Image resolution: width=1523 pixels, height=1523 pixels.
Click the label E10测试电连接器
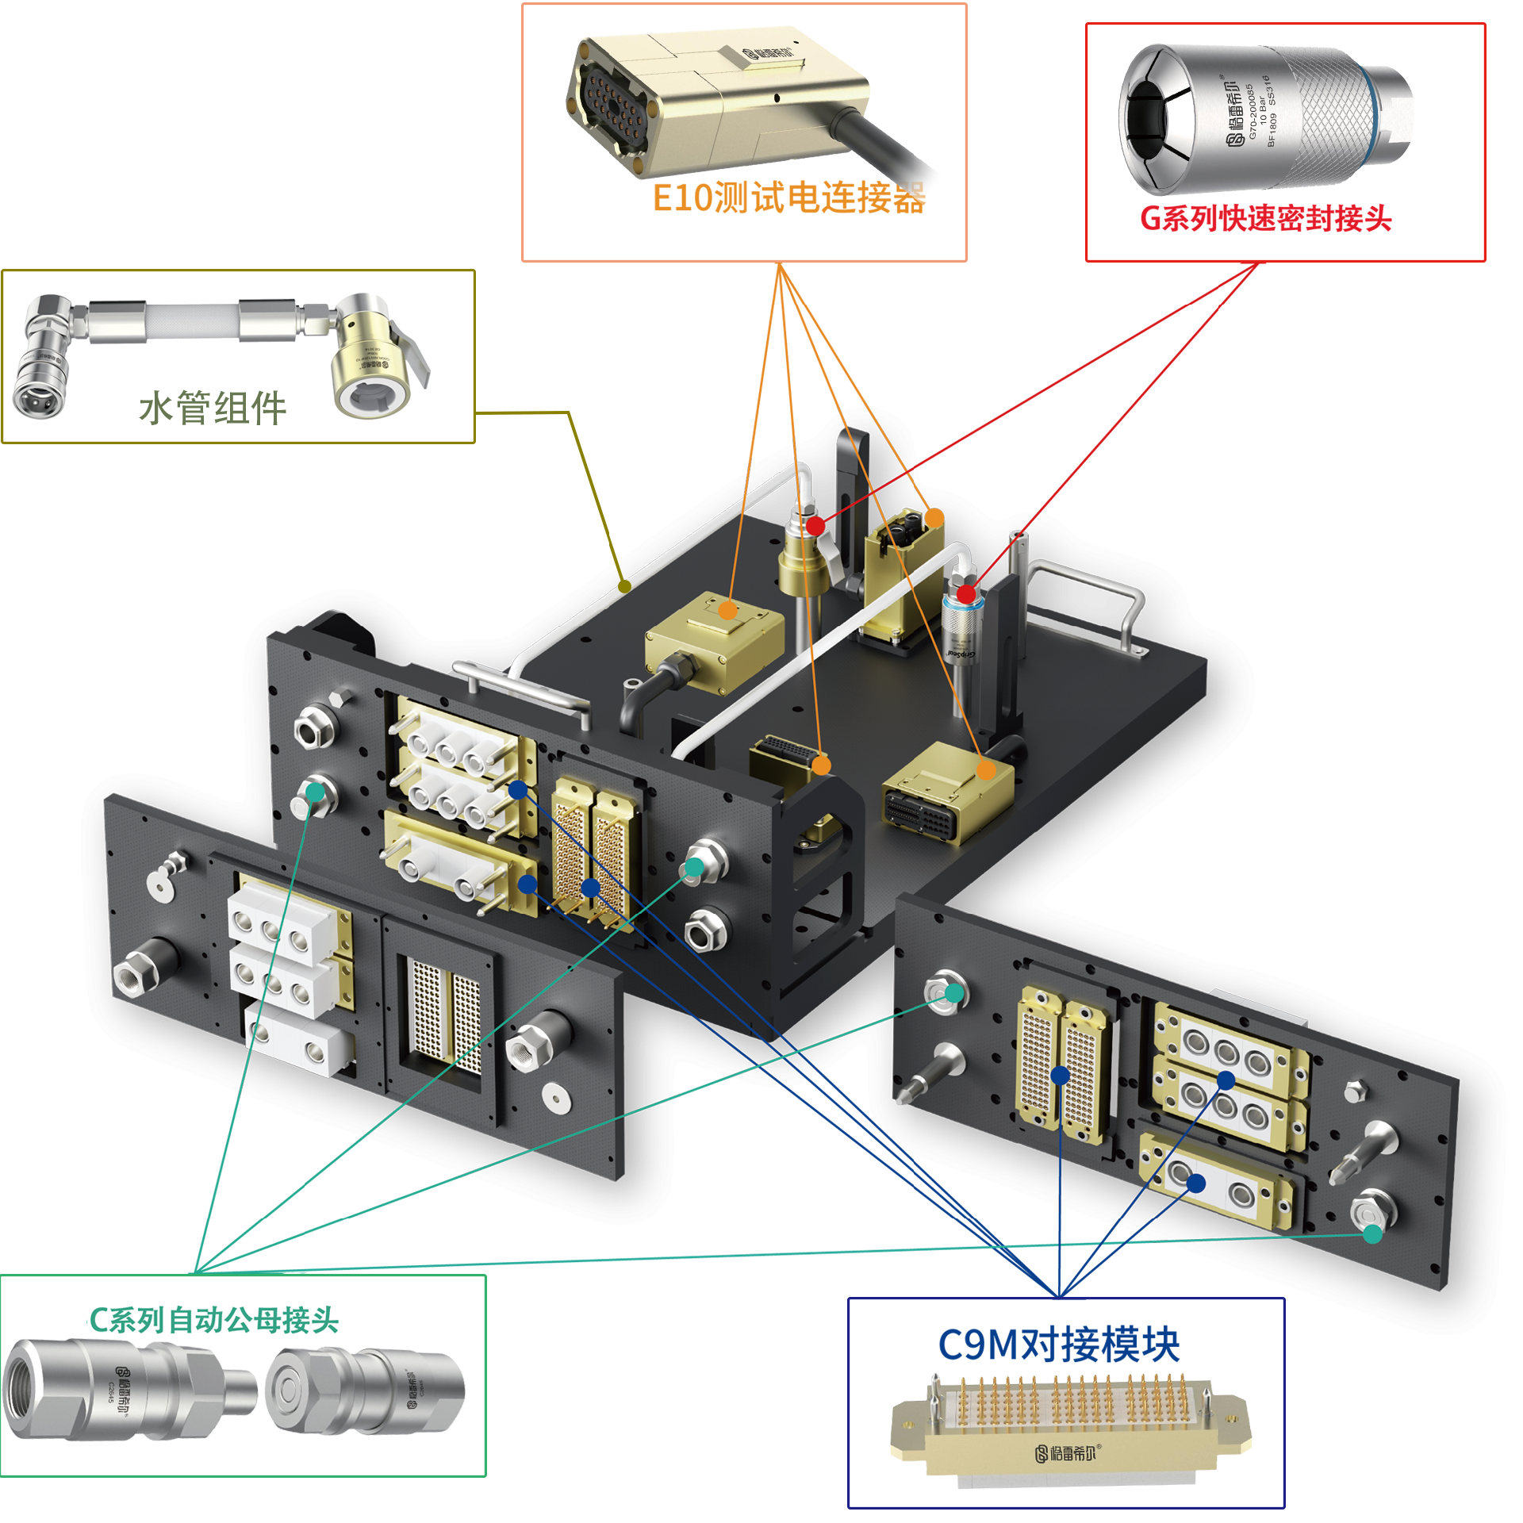[788, 198]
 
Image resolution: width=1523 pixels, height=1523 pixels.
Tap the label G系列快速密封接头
[1265, 219]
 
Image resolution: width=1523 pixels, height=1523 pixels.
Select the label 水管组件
[213, 409]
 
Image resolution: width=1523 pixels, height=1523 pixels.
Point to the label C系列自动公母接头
[214, 1320]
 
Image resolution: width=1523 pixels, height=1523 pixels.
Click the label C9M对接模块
[1058, 1345]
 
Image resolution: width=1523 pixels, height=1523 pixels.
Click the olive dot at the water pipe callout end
[625, 586]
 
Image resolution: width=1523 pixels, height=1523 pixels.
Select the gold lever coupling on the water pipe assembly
[373, 357]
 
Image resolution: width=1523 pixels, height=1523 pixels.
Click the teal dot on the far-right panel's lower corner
[1372, 1234]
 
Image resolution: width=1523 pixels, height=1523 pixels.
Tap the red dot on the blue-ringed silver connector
[966, 593]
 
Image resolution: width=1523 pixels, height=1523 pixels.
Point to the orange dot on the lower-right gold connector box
[986, 769]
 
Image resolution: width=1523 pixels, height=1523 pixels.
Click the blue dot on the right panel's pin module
[1061, 1075]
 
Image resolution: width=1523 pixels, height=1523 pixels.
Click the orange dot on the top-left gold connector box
[728, 610]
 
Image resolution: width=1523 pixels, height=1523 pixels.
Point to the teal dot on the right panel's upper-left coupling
[954, 993]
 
